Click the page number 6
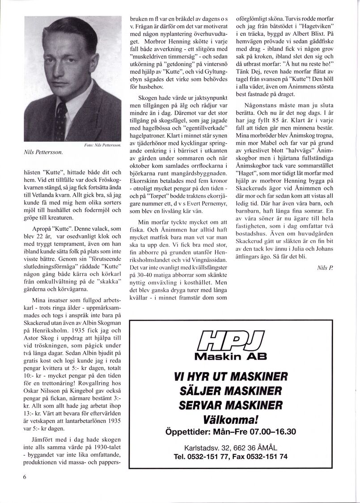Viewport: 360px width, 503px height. (25, 477)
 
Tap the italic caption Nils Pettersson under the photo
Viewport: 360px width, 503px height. (43, 152)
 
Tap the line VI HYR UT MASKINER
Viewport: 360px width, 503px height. (231, 377)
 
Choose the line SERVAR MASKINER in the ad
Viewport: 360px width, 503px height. (231, 405)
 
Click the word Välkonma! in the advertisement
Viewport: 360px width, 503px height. (231, 420)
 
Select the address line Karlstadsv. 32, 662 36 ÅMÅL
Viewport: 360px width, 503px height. (231, 448)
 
